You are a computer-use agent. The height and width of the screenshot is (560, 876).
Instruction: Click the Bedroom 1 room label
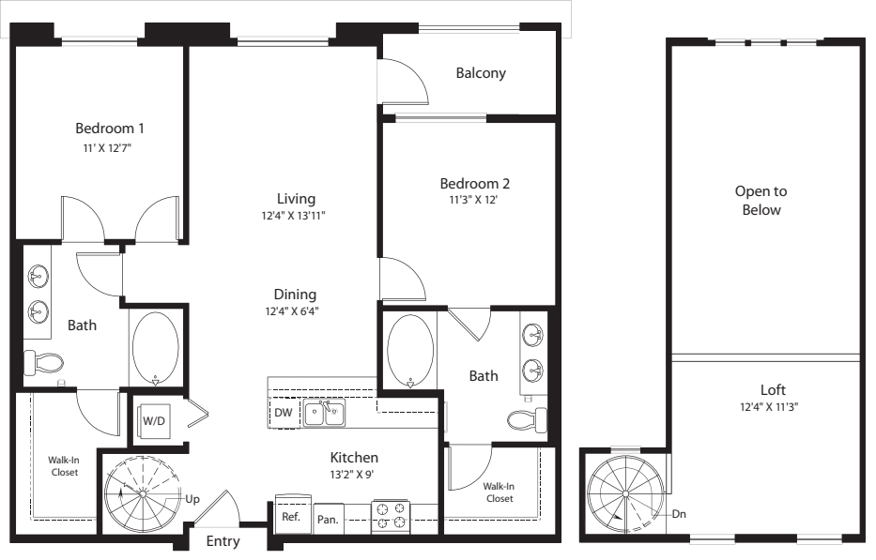pos(110,129)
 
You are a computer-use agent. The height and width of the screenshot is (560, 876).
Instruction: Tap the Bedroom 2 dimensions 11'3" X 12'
pos(474,200)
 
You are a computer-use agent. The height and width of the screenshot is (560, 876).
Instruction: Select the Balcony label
pos(481,73)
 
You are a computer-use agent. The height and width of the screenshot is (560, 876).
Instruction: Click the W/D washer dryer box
pos(154,420)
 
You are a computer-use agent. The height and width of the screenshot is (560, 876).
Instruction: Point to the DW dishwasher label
pos(284,413)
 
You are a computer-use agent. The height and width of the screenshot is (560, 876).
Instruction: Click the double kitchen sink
pos(324,413)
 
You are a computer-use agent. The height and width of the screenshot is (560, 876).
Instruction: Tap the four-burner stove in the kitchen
pos(391,516)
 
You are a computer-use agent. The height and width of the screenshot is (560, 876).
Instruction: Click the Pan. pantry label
pos(328,520)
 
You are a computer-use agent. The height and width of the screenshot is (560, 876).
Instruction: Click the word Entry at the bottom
pos(223,541)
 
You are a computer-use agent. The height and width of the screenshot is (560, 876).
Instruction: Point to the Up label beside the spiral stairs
pos(192,499)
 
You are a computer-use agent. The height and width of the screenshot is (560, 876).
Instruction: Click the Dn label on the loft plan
pos(679,514)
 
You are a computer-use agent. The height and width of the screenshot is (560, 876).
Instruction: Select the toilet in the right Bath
pos(528,420)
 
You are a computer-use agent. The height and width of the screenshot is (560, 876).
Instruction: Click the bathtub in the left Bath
pos(155,348)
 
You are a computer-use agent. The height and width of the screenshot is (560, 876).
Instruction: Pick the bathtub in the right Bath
pos(410,351)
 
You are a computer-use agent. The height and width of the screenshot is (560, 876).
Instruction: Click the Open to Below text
pos(761,201)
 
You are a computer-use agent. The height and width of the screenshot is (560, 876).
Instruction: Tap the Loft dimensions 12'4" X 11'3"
pos(769,407)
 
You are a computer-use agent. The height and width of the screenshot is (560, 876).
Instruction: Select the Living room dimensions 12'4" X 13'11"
pos(293,216)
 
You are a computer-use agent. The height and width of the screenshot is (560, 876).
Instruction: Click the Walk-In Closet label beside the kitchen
pos(499,492)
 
